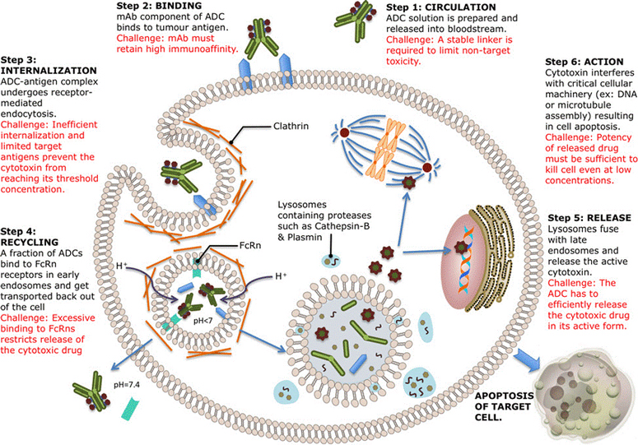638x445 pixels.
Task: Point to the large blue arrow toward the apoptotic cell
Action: (522, 346)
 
